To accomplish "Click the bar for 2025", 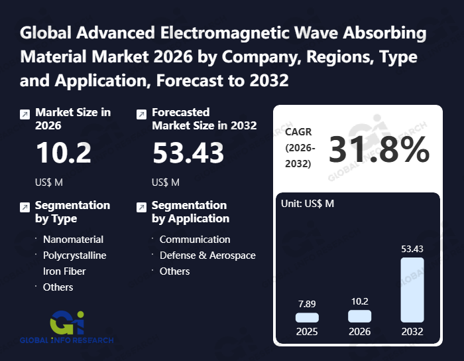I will (x=307, y=318).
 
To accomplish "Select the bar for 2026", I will (x=359, y=316).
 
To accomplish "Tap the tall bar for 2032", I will (x=412, y=290).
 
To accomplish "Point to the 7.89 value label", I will (x=307, y=303).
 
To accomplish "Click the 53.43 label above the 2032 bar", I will (x=412, y=249).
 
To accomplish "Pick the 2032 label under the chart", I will (x=412, y=332).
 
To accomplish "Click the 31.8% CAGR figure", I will (x=379, y=150).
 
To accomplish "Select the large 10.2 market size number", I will (x=64, y=153).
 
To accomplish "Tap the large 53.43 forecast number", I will (x=188, y=153).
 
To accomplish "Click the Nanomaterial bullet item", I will (x=73, y=239).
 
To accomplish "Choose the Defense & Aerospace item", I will (x=207, y=255).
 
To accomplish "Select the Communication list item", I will (x=195, y=239).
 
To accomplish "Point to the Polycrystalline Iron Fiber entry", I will (x=74, y=263).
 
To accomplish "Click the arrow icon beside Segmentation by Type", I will (x=25, y=207).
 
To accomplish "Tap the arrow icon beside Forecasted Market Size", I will (x=141, y=114).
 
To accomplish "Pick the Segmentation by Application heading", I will (x=190, y=212).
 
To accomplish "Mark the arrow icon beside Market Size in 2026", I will (x=25, y=114).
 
